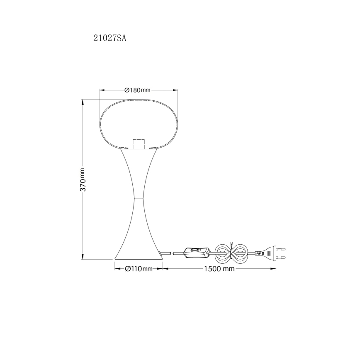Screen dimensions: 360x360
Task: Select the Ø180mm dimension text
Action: coord(137,90)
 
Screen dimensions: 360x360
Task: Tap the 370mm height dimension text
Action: coord(83,180)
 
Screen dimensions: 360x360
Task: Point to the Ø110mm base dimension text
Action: coord(139,269)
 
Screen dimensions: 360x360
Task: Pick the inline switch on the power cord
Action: coord(197,252)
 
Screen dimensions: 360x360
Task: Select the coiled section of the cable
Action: coord(232,252)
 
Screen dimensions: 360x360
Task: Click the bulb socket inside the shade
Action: coord(139,144)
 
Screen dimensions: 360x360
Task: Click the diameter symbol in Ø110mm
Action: coord(128,269)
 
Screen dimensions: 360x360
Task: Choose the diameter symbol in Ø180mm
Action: coord(127,90)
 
